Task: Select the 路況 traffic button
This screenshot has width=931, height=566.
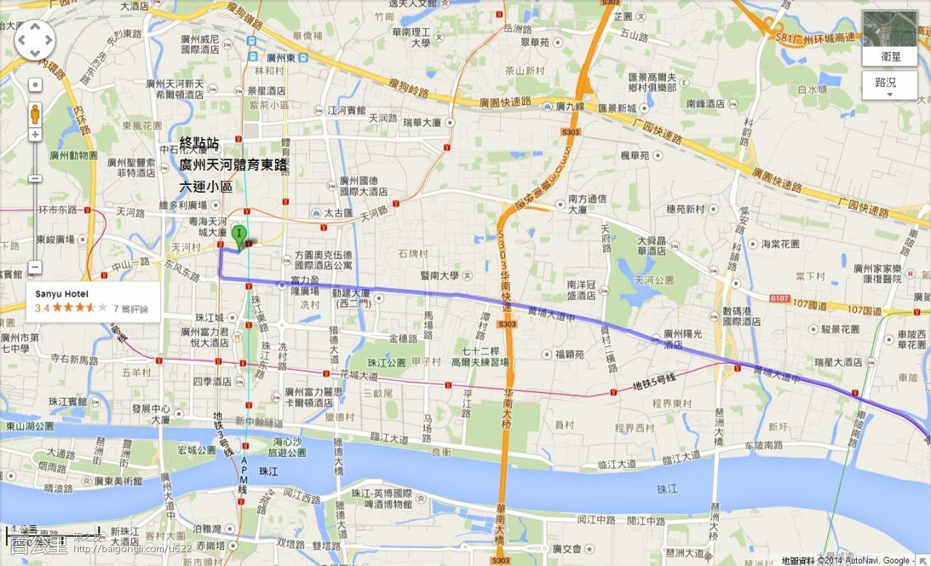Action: [890, 83]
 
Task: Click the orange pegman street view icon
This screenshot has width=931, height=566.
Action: [35, 113]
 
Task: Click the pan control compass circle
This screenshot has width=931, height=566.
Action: [35, 39]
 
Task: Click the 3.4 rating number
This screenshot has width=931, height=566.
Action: [41, 308]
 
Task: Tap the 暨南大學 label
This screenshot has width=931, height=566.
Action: [439, 276]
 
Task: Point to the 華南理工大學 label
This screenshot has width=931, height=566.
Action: [412, 37]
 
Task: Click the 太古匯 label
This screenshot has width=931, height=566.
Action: [337, 213]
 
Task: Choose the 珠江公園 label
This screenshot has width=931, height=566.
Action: [385, 362]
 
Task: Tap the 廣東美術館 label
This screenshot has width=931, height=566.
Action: [118, 481]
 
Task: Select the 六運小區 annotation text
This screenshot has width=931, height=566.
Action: [206, 188]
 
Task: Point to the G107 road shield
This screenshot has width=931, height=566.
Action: [779, 298]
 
